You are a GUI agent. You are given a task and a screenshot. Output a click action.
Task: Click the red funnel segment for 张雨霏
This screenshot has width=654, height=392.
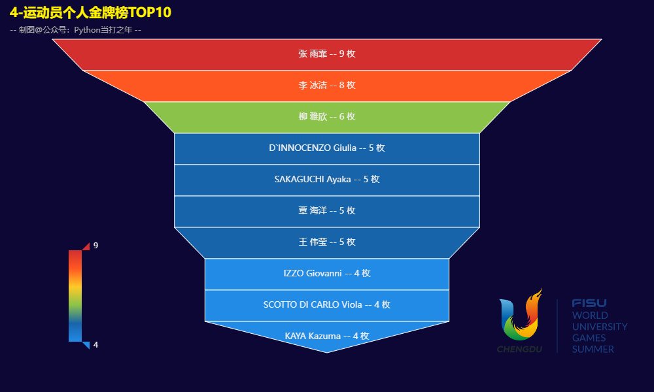point(326,55)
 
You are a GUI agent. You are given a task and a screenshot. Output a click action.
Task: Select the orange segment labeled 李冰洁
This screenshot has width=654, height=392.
point(326,86)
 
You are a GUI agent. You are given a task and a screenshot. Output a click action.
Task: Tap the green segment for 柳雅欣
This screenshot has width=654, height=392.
point(326,117)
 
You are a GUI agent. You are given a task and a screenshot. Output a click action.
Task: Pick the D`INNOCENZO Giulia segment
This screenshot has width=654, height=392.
point(326,149)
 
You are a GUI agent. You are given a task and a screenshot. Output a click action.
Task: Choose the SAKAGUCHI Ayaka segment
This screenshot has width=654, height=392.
point(326,180)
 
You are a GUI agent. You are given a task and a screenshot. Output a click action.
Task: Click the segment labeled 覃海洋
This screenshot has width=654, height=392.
point(326,211)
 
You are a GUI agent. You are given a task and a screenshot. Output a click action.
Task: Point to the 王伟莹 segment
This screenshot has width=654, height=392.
point(326,242)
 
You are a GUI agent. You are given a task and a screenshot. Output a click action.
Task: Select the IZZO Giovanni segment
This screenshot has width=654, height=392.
point(326,274)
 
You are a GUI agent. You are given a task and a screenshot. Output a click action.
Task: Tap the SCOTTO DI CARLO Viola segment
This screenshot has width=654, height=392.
point(326,305)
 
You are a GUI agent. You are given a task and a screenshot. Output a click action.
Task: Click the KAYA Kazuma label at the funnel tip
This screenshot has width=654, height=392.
point(327,336)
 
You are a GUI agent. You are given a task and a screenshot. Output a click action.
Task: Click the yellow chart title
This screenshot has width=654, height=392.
point(90,12)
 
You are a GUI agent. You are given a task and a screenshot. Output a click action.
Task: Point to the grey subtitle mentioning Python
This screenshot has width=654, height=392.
point(75,30)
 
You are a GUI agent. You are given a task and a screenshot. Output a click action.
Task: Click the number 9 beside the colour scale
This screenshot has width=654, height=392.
point(96,246)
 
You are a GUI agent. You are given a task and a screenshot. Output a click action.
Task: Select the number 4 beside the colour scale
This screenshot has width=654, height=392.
point(96,344)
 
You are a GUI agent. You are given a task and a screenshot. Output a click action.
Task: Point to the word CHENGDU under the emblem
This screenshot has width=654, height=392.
point(520,349)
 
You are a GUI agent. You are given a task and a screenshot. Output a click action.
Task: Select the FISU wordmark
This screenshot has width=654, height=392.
point(589,303)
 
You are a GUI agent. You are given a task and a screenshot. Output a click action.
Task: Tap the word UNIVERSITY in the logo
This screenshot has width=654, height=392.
point(600,327)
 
